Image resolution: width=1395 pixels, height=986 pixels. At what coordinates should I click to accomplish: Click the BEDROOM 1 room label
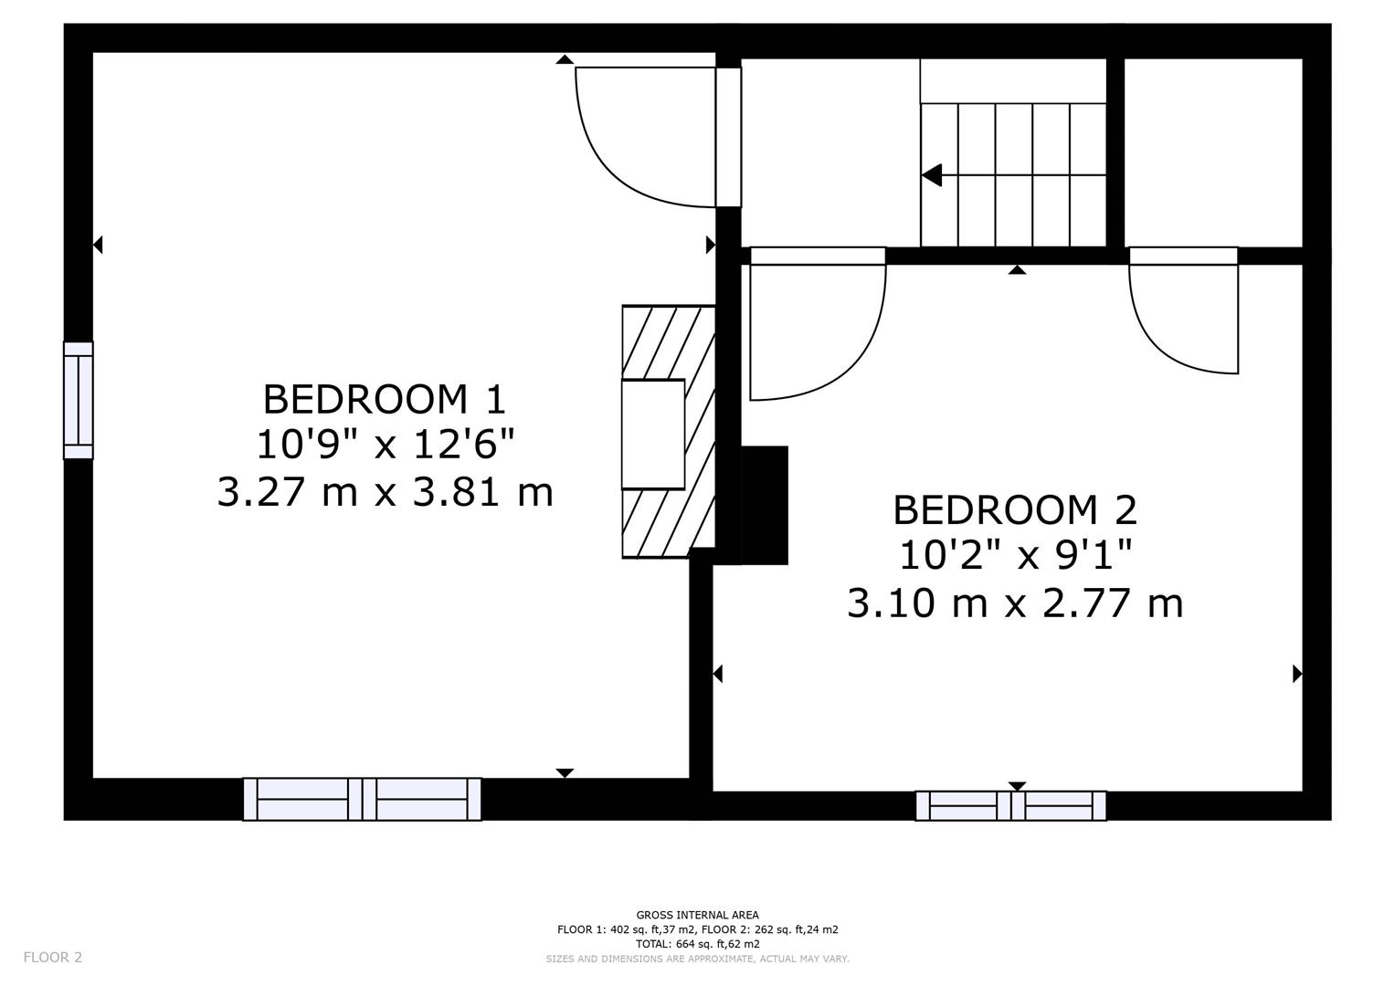384,400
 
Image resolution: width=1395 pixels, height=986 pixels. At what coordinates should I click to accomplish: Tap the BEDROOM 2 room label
1014,510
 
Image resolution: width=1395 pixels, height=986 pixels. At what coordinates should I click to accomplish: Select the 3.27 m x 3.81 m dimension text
385,492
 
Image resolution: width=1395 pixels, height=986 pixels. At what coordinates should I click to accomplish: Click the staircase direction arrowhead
932,175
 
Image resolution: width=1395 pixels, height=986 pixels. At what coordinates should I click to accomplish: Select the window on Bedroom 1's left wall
78,400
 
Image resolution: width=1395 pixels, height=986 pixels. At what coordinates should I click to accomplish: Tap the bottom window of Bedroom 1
362,799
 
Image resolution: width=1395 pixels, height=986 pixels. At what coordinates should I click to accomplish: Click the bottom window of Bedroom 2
1010,805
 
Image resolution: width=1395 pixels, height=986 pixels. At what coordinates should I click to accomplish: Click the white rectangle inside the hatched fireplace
652,435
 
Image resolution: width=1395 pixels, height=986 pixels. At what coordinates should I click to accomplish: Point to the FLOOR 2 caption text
52,957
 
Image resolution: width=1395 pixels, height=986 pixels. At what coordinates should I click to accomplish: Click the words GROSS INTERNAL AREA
697,915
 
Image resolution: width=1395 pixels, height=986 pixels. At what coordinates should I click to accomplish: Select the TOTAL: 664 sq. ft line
697,944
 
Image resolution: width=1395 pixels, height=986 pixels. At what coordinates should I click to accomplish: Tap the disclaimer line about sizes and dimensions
697,959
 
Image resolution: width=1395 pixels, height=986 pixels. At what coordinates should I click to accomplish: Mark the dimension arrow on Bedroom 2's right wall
1296,674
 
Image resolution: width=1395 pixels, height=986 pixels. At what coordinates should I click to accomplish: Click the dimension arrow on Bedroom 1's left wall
98,245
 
